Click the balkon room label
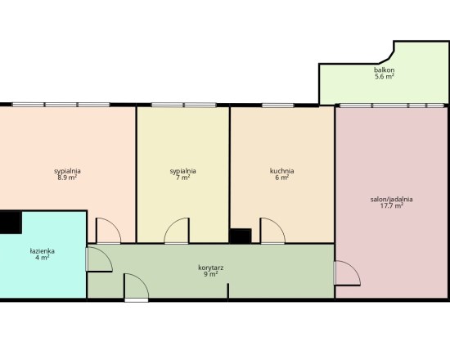click(384, 70)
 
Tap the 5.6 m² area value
click(384, 76)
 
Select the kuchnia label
click(281, 171)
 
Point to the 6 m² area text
click(281, 178)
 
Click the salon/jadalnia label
click(391, 200)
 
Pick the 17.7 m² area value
click(391, 205)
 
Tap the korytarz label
click(211, 268)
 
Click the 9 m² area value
click(211, 274)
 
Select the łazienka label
click(43, 251)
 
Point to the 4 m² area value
click(43, 258)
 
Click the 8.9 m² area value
click(67, 178)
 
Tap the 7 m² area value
click(182, 178)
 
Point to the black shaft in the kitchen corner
click(241, 236)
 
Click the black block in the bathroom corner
click(11, 223)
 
